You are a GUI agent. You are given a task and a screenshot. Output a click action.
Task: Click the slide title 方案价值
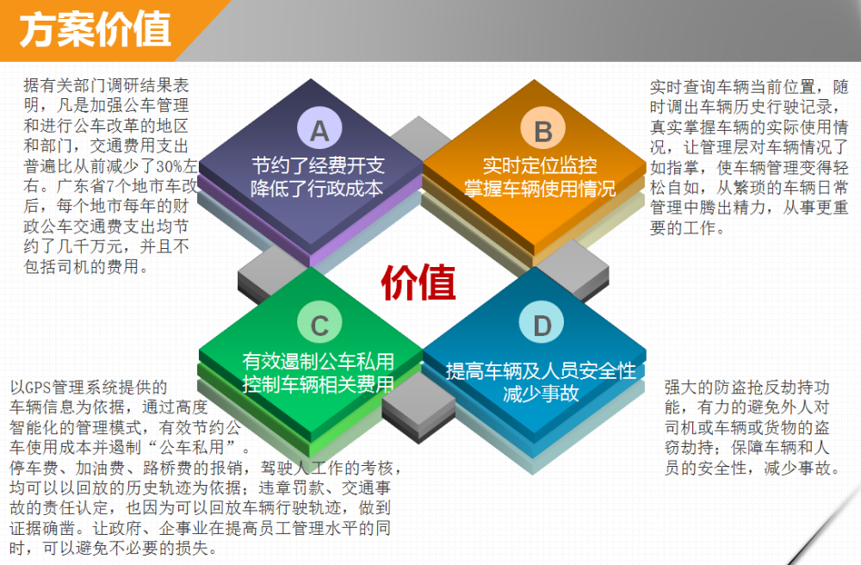pos(95,29)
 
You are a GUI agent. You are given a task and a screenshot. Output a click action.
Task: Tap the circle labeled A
pos(319,127)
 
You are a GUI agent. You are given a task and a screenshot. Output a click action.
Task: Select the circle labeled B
pos(542,129)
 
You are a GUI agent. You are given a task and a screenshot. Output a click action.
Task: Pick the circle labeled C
pos(319,323)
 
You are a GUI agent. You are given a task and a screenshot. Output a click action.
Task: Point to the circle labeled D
pos(542,323)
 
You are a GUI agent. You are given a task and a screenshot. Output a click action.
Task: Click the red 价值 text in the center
pos(418,282)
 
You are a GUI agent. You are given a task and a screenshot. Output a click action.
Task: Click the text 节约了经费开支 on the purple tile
pos(318,165)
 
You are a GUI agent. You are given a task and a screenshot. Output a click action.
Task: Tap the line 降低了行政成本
pos(317,189)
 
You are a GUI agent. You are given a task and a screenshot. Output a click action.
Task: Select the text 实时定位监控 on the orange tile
pos(539,165)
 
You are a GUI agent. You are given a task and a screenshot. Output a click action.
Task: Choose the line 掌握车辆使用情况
pos(540,189)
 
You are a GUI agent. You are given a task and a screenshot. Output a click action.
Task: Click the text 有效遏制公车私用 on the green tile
pos(319,361)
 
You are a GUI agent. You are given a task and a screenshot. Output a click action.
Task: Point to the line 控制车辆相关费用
pos(319,384)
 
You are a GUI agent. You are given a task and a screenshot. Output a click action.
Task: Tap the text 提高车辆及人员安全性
pos(541,370)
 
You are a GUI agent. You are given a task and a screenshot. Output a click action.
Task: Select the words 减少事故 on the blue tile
pos(541,393)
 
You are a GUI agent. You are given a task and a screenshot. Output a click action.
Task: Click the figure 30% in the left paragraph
pos(170,166)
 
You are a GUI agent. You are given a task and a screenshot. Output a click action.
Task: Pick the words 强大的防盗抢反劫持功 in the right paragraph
pos(746,387)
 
